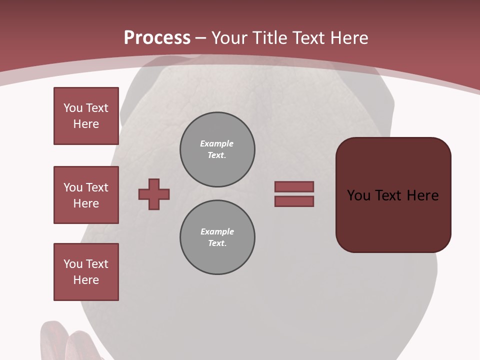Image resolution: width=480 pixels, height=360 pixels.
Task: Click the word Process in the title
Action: tap(157, 38)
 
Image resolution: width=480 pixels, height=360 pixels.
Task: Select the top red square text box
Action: tap(86, 116)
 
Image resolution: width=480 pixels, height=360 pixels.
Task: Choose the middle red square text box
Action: tap(86, 195)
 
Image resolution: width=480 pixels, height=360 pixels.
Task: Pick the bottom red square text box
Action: tap(86, 272)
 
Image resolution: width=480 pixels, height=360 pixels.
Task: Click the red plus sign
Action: tap(154, 194)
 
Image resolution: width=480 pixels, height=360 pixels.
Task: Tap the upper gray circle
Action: tap(217, 149)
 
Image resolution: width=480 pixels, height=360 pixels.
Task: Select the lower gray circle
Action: tap(217, 237)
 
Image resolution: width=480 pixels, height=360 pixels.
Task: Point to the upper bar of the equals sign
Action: tap(294, 186)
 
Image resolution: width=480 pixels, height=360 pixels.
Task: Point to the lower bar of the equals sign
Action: tap(294, 201)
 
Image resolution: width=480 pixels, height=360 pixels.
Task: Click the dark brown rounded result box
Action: tap(393, 220)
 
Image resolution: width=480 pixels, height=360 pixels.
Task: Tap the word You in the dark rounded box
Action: tap(358, 195)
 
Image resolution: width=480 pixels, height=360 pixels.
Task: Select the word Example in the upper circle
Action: tap(217, 143)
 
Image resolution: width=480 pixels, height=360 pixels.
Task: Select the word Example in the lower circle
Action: tap(217, 231)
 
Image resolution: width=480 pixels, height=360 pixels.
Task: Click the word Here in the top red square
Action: tap(86, 124)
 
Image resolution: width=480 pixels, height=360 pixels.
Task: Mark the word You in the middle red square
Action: tap(73, 187)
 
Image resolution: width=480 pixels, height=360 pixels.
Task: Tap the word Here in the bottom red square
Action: tap(86, 280)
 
